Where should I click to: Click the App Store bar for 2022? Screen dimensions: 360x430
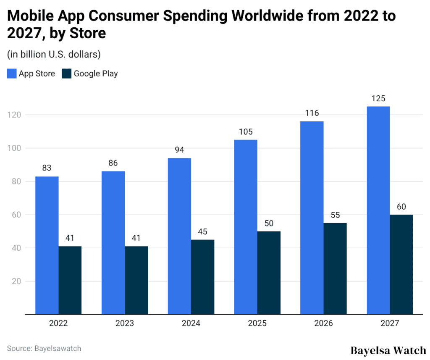click(47, 245)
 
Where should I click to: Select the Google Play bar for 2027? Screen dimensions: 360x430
click(401, 265)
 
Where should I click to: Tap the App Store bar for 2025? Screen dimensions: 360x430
click(246, 227)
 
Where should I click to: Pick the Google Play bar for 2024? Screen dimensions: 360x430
click(202, 277)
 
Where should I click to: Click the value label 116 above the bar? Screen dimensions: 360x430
click(312, 113)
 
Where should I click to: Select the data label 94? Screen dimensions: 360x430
click(179, 150)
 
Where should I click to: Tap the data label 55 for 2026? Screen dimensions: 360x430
click(335, 215)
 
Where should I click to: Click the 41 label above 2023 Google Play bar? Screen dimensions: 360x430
click(136, 238)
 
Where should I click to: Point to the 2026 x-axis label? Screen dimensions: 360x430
click(323, 323)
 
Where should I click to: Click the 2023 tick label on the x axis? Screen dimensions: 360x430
click(125, 323)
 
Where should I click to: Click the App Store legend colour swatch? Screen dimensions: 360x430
click(12, 74)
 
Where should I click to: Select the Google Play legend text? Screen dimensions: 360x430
click(96, 74)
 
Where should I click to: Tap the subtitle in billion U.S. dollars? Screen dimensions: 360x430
click(54, 55)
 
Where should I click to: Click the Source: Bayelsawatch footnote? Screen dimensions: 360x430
click(44, 348)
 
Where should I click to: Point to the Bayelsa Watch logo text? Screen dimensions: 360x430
click(388, 350)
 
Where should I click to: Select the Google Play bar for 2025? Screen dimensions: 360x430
click(269, 273)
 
